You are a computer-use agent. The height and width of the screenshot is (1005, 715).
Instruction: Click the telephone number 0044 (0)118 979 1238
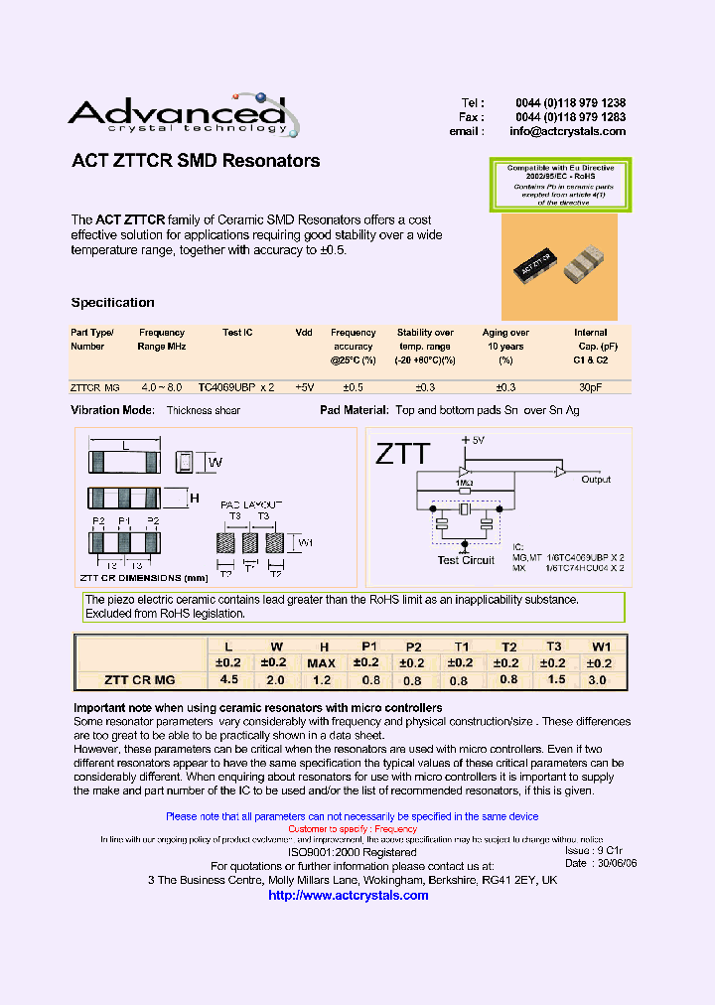coord(570,103)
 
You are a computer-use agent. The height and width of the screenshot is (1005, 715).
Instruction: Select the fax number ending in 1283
coord(570,117)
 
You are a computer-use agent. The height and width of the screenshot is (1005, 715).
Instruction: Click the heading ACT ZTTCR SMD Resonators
coord(196,161)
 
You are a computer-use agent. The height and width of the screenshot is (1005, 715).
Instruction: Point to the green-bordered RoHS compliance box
coord(561,185)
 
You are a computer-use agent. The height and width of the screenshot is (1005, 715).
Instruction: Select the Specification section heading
coord(112,303)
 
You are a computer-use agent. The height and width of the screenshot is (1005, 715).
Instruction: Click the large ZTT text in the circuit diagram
coord(402,455)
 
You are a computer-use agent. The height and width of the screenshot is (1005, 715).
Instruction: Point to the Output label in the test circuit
coord(596,480)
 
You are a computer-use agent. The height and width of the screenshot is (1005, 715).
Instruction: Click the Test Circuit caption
coord(466,561)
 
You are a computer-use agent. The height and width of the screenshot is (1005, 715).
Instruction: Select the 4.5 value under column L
coord(228,680)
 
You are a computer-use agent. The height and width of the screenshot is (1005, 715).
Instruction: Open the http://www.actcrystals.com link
coord(349,896)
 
